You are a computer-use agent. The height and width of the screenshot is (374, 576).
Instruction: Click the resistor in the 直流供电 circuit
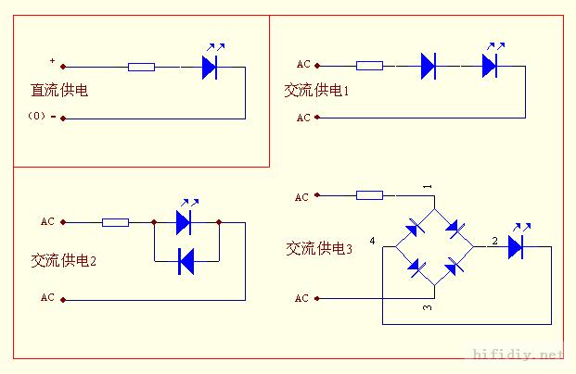tap(141, 67)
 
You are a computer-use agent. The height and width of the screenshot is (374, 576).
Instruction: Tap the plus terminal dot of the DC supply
tap(63, 67)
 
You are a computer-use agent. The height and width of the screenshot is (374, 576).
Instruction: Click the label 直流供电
tap(59, 90)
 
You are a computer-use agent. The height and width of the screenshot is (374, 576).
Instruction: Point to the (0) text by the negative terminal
tap(37, 116)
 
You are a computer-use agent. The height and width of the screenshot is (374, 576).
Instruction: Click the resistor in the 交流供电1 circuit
tap(369, 66)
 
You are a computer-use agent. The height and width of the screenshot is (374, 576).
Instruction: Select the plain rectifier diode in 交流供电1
tap(429, 66)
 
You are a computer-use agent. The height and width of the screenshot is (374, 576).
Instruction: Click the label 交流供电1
tap(316, 90)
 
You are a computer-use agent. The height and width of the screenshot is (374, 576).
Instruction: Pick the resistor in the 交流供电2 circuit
tap(115, 222)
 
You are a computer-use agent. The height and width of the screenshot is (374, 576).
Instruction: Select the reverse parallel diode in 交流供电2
tap(186, 261)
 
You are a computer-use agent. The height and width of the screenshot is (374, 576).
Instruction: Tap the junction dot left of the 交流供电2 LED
tap(154, 222)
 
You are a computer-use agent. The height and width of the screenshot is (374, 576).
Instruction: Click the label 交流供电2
tap(64, 261)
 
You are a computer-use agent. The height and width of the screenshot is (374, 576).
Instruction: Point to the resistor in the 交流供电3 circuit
tap(369, 195)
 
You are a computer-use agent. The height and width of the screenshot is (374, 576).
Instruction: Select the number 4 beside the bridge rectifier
tap(373, 241)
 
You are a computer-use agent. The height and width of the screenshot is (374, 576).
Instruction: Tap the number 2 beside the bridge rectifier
tap(494, 241)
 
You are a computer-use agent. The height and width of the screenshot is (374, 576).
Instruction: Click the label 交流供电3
tap(319, 249)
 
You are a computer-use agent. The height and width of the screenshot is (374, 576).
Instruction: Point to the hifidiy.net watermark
tap(518, 355)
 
